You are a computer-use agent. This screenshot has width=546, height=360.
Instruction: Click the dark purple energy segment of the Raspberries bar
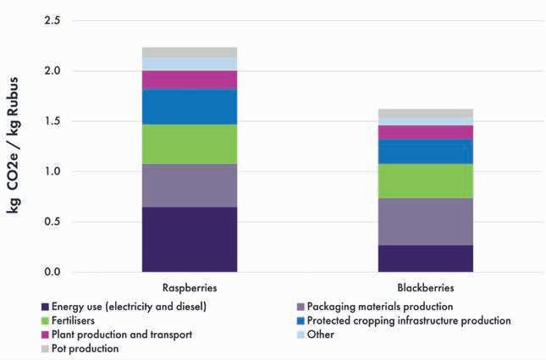point(190,239)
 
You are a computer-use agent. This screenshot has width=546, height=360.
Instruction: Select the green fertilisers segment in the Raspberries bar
point(190,144)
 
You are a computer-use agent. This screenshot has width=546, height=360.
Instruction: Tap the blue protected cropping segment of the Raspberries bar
point(190,107)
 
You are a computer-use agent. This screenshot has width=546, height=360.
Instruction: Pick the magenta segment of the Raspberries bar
point(190,80)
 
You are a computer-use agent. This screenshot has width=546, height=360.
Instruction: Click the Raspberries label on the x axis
point(189,287)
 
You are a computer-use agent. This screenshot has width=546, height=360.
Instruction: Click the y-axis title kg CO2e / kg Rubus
point(15,144)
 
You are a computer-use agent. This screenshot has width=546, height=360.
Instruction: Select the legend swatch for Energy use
point(43,307)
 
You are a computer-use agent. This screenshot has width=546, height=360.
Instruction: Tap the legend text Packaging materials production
point(380,307)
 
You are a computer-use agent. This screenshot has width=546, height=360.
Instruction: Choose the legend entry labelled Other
point(320,335)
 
